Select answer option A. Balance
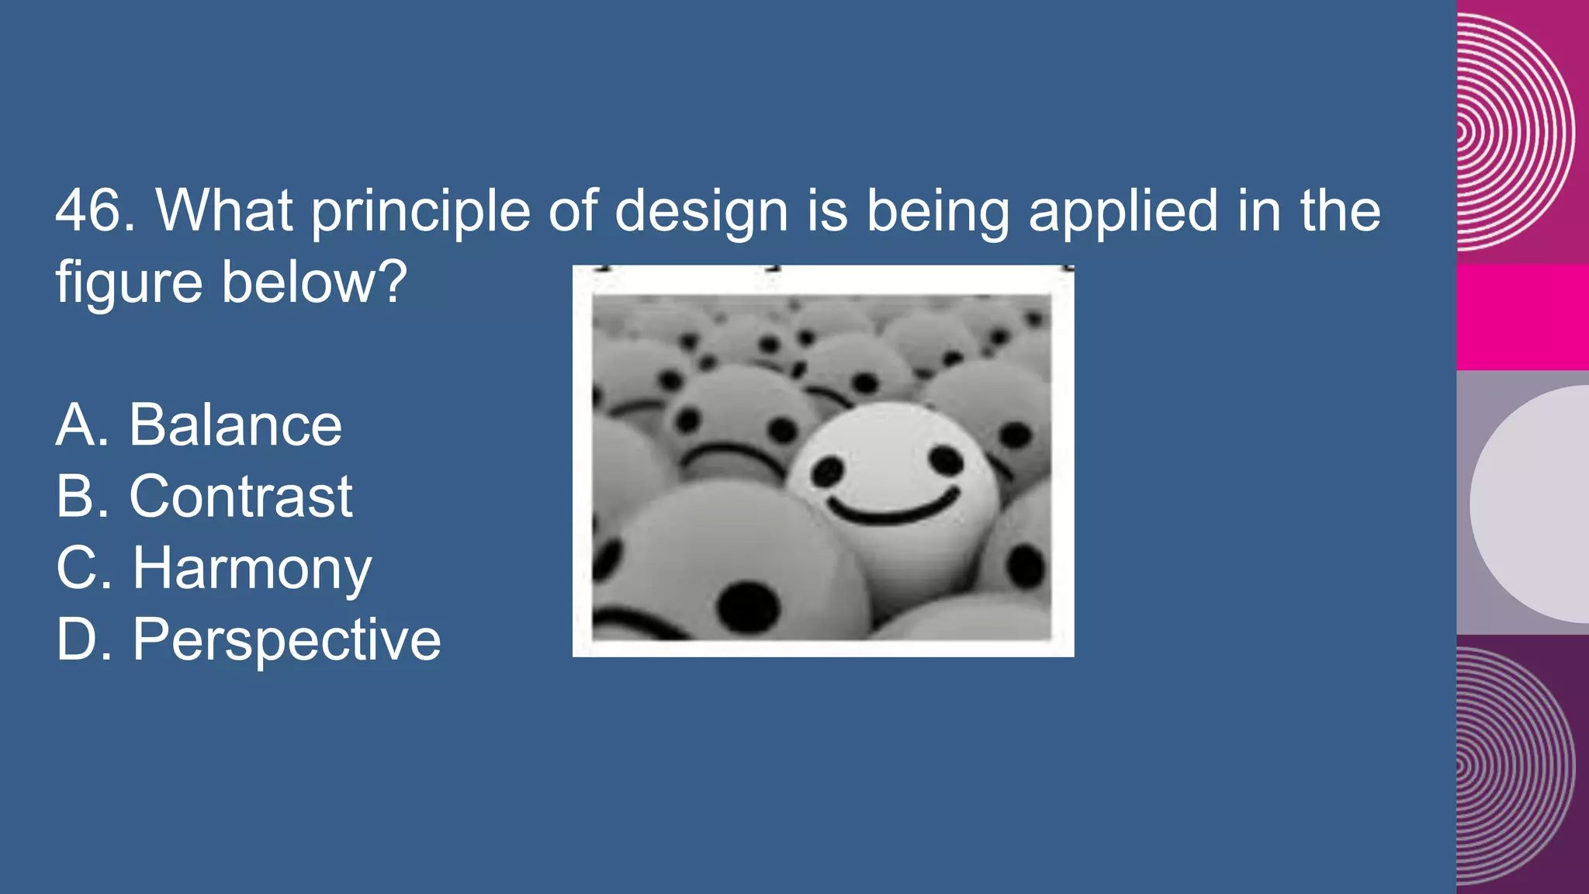click(x=199, y=425)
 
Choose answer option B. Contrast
click(x=204, y=497)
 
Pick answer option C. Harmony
click(x=213, y=568)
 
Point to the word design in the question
click(x=701, y=212)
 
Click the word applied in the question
click(x=1123, y=212)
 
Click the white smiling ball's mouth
click(x=894, y=508)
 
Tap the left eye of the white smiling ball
click(x=828, y=470)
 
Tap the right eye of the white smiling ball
click(x=946, y=461)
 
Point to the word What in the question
click(x=224, y=210)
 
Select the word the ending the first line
click(x=1340, y=210)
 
